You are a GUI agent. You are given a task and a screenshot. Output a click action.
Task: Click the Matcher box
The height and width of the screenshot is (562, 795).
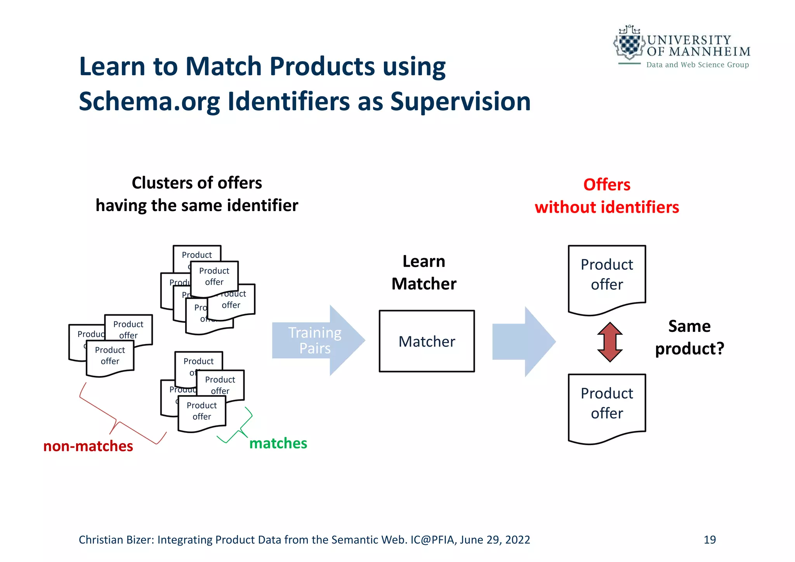click(427, 341)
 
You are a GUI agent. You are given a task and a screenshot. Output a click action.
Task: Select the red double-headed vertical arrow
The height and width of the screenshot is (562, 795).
click(609, 342)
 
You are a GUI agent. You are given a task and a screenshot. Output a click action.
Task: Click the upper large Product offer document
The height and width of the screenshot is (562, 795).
click(607, 278)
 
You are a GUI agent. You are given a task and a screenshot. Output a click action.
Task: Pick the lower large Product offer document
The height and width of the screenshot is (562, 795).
click(607, 406)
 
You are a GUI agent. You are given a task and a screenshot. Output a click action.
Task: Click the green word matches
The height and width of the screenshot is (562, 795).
click(278, 443)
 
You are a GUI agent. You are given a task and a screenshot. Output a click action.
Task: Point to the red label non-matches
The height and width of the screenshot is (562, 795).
click(88, 446)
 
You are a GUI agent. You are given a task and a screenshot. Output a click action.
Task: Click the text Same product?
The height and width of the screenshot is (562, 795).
click(689, 337)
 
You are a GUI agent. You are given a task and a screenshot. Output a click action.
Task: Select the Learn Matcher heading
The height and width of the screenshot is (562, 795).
click(424, 272)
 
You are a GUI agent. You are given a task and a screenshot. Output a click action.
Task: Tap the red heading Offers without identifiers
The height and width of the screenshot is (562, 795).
click(607, 196)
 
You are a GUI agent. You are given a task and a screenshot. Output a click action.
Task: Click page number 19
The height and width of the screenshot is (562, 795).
click(710, 539)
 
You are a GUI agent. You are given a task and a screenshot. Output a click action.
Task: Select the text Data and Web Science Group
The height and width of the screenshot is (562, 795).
click(697, 65)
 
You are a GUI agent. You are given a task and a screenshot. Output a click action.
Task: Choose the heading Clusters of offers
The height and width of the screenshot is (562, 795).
click(197, 183)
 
